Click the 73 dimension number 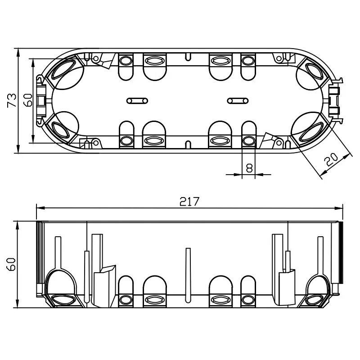tap(12, 100)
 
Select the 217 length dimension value tap(189, 202)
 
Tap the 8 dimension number tap(249, 168)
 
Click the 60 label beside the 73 tap(28, 100)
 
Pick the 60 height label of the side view tap(12, 264)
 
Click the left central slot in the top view tap(137, 100)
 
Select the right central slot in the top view tap(238, 100)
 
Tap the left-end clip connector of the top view tap(41, 100)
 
